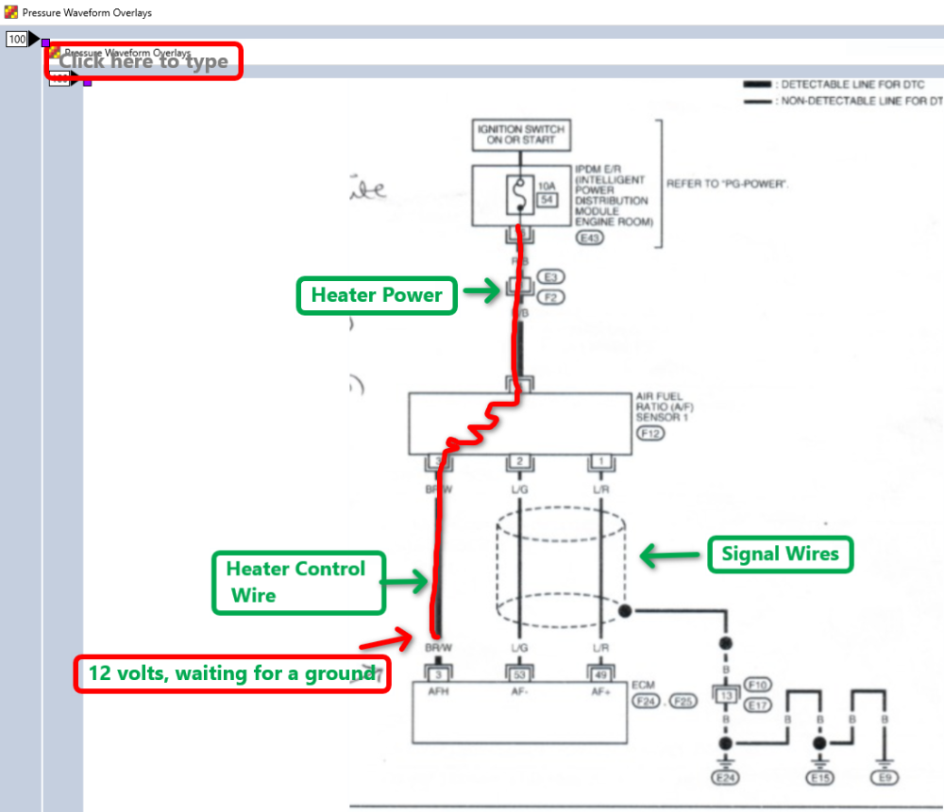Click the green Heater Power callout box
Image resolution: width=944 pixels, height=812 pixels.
[377, 295]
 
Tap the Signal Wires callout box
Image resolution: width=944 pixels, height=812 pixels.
[781, 555]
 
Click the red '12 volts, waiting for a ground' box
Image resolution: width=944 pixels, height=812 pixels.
[232, 673]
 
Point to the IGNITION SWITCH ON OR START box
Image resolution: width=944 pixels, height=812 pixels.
[521, 134]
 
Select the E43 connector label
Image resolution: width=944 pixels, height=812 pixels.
[593, 239]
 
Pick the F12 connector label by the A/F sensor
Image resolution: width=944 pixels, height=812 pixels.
[651, 434]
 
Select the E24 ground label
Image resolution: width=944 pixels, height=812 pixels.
[726, 778]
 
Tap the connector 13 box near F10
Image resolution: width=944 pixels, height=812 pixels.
[725, 696]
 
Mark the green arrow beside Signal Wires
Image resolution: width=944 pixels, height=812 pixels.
[670, 556]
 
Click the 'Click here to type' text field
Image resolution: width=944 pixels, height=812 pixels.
[143, 61]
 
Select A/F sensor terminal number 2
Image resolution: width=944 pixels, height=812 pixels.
[519, 461]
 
